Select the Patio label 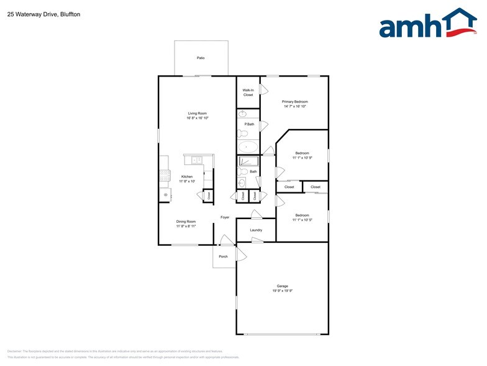tap(201, 58)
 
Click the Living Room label tap(198, 113)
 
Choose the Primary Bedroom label tap(294, 101)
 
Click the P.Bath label tap(249, 124)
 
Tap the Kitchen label tap(187, 177)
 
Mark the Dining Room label tap(186, 222)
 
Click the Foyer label tap(225, 217)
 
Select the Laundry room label tap(256, 230)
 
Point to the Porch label tap(223, 256)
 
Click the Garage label tap(282, 286)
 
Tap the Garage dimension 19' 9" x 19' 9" tap(282, 291)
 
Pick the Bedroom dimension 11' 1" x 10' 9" tap(302, 158)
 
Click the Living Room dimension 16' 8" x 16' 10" tap(198, 118)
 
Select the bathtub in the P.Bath tap(248, 148)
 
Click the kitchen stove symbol tap(165, 176)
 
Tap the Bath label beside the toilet tap(253, 171)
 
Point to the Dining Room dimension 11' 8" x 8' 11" tap(186, 227)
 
